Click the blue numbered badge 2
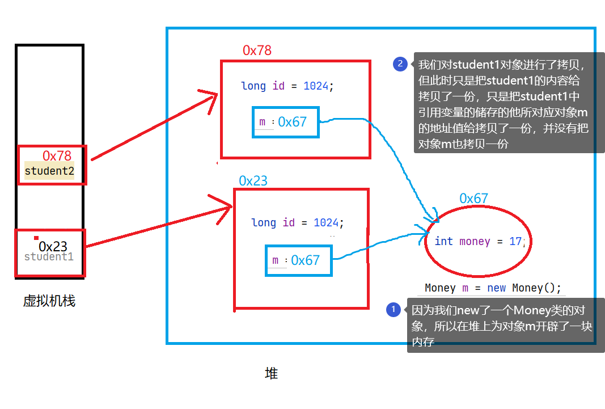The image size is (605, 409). pyautogui.click(x=400, y=64)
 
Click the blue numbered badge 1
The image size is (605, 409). pyautogui.click(x=393, y=310)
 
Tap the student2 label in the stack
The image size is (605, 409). pyautogui.click(x=49, y=171)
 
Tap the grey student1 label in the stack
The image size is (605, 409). pyautogui.click(x=49, y=257)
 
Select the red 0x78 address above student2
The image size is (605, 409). pyautogui.click(x=57, y=155)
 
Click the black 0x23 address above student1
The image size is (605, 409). pyautogui.click(x=53, y=247)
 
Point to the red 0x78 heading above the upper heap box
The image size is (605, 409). pyautogui.click(x=257, y=50)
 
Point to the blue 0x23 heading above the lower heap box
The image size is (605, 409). pyautogui.click(x=253, y=181)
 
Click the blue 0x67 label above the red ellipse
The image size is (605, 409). pyautogui.click(x=473, y=199)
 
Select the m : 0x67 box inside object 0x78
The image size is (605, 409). pyautogui.click(x=286, y=122)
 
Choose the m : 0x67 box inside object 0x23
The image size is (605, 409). pyautogui.click(x=299, y=260)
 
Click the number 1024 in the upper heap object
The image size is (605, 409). pyautogui.click(x=316, y=86)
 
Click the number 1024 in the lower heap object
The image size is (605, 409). pyautogui.click(x=326, y=223)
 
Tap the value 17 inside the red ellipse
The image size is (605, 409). pyautogui.click(x=515, y=242)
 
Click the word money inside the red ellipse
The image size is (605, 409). pyautogui.click(x=475, y=242)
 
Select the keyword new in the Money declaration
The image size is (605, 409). pyautogui.click(x=496, y=288)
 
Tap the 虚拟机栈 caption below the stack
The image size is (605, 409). pyautogui.click(x=49, y=301)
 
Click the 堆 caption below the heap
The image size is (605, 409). pyautogui.click(x=272, y=374)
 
